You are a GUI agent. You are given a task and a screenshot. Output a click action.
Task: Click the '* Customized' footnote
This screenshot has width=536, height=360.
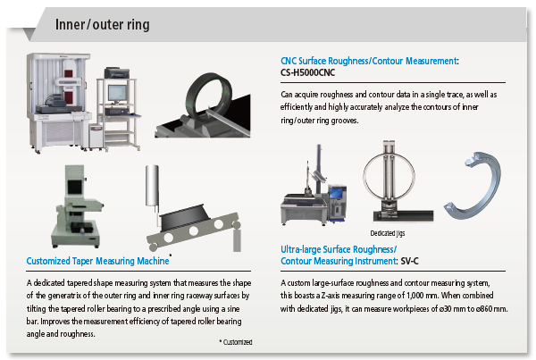pos(235,342)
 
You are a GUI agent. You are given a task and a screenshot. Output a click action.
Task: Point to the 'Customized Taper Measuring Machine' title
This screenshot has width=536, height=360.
pos(98,262)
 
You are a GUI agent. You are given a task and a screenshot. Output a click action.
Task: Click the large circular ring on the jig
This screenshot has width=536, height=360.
pos(389,180)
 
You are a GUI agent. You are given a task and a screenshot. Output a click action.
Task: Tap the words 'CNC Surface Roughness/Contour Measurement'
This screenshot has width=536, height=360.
pos(368,61)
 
